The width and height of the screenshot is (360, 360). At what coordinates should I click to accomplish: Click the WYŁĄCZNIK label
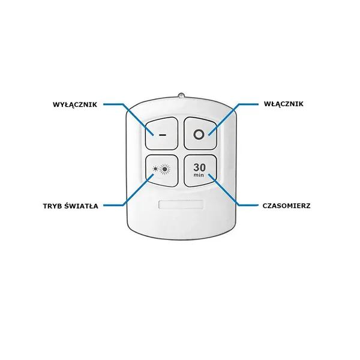(x=75, y=104)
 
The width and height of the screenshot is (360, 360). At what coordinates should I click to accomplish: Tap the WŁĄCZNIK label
(x=284, y=104)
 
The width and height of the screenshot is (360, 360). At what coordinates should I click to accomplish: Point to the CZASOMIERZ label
(x=286, y=206)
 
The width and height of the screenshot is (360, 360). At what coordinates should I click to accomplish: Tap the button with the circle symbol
(x=200, y=133)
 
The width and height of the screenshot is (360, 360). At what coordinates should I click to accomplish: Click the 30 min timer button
(x=200, y=170)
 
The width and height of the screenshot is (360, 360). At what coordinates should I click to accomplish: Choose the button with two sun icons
(x=162, y=170)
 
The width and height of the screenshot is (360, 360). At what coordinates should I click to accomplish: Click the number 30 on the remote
(x=199, y=167)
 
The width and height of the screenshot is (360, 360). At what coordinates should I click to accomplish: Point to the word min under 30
(x=199, y=175)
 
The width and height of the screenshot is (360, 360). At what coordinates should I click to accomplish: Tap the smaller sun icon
(x=155, y=169)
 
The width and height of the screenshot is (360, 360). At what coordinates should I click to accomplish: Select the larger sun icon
(x=164, y=169)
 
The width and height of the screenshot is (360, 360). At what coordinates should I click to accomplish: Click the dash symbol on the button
(x=163, y=135)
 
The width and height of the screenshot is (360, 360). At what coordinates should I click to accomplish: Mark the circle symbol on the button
(x=199, y=134)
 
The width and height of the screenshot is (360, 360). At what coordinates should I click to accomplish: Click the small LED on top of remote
(x=181, y=95)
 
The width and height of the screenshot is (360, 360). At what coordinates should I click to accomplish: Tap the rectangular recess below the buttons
(x=181, y=205)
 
